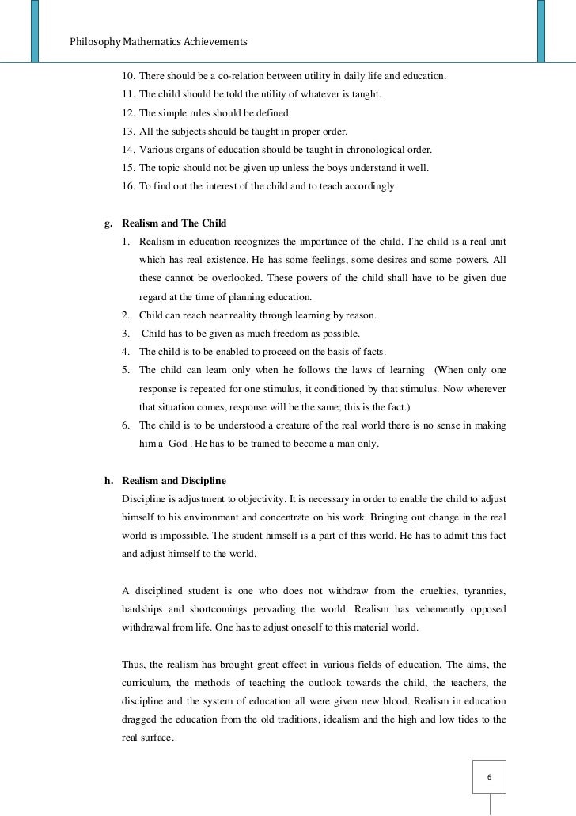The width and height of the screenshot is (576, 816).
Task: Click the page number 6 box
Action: point(489,776)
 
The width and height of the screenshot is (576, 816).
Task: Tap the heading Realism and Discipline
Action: point(174,481)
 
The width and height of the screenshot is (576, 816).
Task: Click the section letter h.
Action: point(108,481)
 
